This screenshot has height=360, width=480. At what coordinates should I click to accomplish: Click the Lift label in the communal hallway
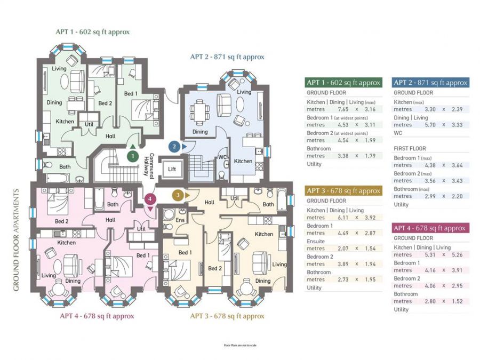(x=172, y=169)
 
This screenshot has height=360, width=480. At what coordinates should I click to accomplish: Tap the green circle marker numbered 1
(x=132, y=156)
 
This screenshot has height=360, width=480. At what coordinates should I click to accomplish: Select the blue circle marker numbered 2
(x=173, y=146)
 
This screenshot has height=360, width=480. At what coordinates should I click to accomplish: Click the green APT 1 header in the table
(x=343, y=83)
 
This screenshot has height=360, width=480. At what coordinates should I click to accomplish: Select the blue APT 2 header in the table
(x=430, y=82)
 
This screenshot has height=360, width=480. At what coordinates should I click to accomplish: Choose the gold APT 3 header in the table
(x=343, y=191)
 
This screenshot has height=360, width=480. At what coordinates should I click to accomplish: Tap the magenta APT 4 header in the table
(x=430, y=228)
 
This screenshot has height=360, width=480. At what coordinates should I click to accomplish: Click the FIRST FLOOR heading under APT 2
(x=410, y=149)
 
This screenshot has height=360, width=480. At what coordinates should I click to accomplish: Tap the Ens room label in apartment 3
(x=181, y=220)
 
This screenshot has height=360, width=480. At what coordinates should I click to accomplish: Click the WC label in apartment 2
(x=223, y=157)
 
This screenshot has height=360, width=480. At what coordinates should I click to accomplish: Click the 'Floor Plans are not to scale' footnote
(x=240, y=346)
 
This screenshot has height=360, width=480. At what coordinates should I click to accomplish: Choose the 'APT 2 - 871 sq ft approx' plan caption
(x=227, y=57)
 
